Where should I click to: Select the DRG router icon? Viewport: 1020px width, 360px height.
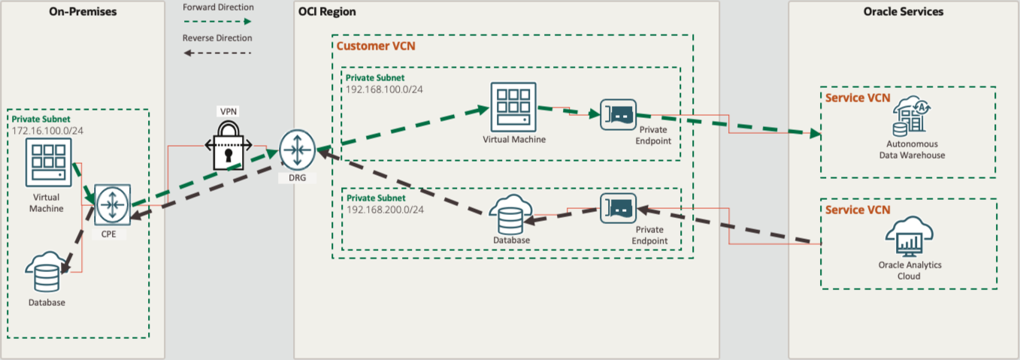tap(295, 150)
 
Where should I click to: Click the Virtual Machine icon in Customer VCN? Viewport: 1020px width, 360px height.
tap(514, 107)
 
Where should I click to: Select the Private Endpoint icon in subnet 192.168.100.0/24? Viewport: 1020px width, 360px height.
tap(618, 115)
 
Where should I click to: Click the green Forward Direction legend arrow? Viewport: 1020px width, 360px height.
tap(216, 22)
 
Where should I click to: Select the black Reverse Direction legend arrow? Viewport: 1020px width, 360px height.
tap(216, 53)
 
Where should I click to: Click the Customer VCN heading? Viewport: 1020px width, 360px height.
tap(375, 46)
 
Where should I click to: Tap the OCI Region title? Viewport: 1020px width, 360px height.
tap(327, 12)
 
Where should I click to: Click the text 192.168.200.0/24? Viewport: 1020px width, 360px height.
tap(385, 209)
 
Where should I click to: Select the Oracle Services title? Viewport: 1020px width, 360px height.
tap(903, 11)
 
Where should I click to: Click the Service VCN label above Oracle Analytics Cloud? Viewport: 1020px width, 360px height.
tap(857, 210)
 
